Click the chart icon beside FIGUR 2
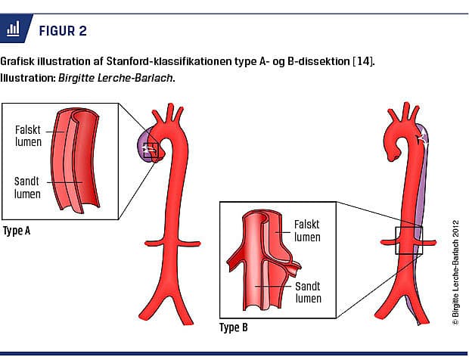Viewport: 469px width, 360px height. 14,30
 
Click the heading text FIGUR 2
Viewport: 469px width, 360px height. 61,30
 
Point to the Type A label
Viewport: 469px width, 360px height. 16,231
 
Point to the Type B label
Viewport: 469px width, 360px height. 233,328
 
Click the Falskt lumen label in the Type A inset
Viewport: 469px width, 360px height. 28,136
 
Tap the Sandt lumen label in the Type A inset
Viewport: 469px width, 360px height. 28,188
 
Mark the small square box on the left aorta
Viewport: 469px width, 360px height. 152,149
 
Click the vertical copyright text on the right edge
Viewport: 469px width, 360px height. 455,272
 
